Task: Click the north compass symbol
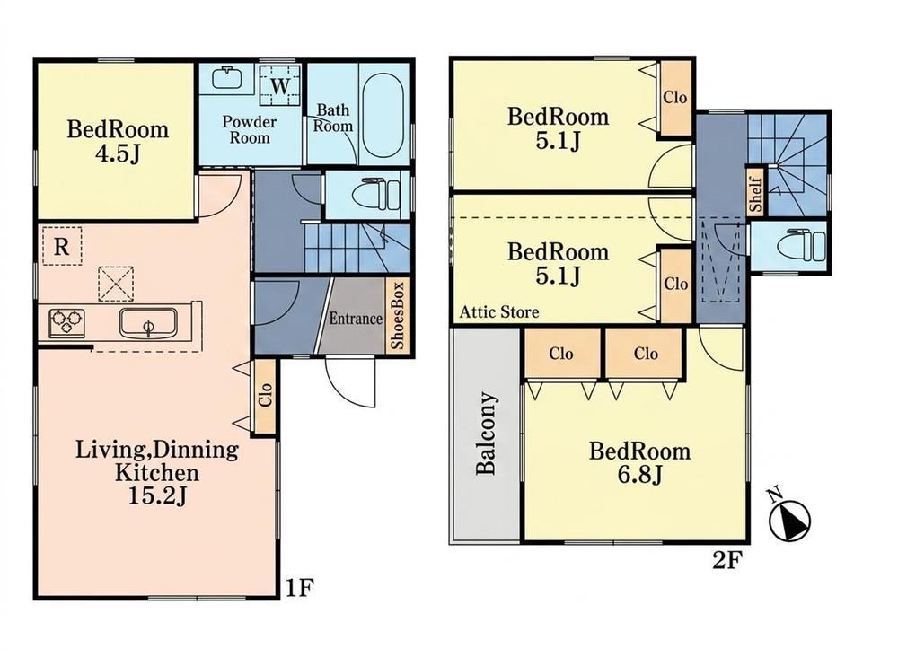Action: pos(789,513)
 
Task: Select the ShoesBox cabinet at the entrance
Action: pos(398,317)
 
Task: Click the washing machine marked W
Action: pos(280,86)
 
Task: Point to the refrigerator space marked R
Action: pos(62,246)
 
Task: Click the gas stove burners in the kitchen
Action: pos(67,322)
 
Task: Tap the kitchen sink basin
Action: pos(148,323)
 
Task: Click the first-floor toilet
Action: pos(379,195)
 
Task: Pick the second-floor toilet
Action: pos(804,245)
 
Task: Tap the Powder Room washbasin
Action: pos(226,78)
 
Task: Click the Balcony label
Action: pos(486,434)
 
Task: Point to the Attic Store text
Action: pos(499,312)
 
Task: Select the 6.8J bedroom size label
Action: pos(639,475)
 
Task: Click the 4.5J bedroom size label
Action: pos(118,153)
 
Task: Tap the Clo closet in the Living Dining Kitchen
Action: pos(265,395)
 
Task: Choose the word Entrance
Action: pos(356,319)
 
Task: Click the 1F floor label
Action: pos(300,588)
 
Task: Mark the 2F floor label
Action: pos(727,561)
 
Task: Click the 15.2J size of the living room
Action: pos(157,496)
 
